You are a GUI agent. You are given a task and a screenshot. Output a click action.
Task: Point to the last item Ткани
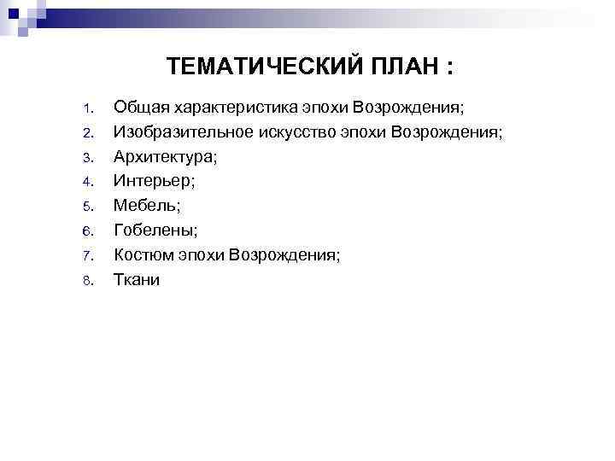[x=137, y=279]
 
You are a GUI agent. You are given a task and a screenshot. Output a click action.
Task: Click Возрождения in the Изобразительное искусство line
[x=447, y=133]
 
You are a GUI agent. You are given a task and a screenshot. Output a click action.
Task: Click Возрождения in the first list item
[x=409, y=108]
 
